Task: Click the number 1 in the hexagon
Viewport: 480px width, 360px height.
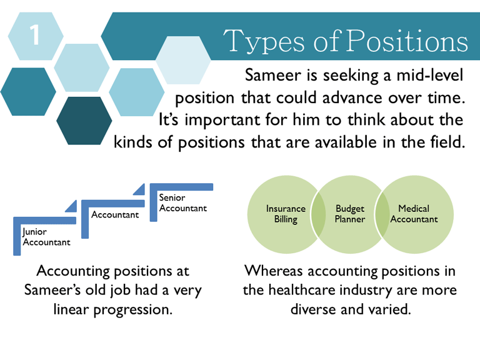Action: coord(34,34)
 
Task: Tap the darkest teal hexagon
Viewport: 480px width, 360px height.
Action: coord(84,121)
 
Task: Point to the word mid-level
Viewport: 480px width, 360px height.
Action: coord(430,75)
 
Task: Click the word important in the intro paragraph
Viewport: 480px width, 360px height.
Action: coord(223,120)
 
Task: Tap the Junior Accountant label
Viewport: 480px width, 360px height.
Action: coord(46,237)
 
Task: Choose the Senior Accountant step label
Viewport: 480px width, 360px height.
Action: coord(182,203)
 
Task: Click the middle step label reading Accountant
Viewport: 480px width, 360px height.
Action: coord(115,214)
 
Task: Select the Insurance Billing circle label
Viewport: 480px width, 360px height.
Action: coord(286,214)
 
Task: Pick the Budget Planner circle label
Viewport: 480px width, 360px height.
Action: coord(350,214)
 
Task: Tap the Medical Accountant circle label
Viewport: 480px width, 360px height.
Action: coord(414,214)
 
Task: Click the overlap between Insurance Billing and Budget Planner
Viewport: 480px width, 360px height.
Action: coord(318,214)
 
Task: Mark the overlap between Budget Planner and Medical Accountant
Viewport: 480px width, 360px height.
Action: coord(382,214)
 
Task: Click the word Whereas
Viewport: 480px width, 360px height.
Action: coord(274,271)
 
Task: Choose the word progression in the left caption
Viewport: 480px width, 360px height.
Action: coord(133,310)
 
